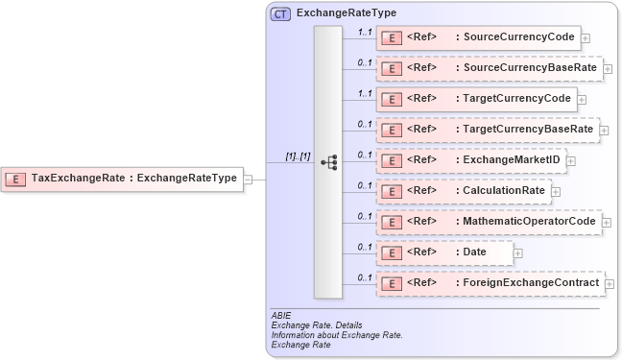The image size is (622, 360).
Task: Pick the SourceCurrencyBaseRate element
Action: pyautogui.click(x=489, y=69)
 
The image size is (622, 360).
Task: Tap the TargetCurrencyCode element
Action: pyautogui.click(x=476, y=99)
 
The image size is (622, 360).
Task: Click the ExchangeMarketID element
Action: pyautogui.click(x=470, y=160)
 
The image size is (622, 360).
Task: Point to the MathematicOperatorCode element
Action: pyautogui.click(x=490, y=222)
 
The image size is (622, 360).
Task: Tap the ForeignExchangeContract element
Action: pyautogui.click(x=490, y=283)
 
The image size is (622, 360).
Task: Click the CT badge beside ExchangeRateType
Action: pyautogui.click(x=280, y=14)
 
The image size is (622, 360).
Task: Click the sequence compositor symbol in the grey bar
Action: pyautogui.click(x=328, y=162)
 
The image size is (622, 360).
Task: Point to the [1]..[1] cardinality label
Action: pyautogui.click(x=298, y=156)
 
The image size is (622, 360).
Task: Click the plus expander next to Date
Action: pyautogui.click(x=518, y=253)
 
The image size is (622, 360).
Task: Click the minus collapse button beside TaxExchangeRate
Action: pyautogui.click(x=248, y=179)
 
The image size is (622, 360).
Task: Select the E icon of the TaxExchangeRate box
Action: pyautogui.click(x=16, y=178)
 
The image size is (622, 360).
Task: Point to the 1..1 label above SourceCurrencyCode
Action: pyautogui.click(x=365, y=32)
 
